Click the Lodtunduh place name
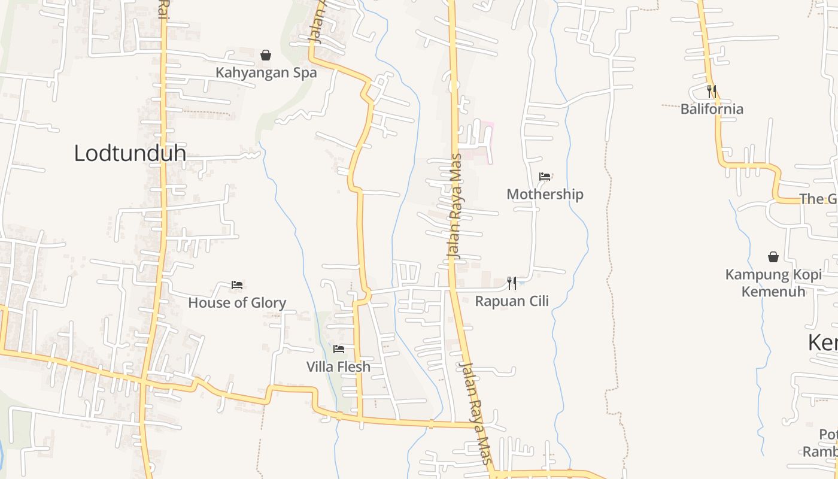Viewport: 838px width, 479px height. [x=129, y=153]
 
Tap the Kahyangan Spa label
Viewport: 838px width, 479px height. [x=266, y=73]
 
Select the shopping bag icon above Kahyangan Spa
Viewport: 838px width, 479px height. [x=266, y=55]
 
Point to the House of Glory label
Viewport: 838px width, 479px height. [x=237, y=303]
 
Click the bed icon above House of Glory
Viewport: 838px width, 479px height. [x=237, y=285]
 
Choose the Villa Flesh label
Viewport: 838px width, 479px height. [x=338, y=366]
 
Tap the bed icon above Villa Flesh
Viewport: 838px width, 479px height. [x=339, y=348]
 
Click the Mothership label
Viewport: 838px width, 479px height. [x=545, y=194]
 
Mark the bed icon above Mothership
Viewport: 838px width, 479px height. [x=545, y=176]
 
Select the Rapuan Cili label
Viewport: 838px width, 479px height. [x=512, y=301]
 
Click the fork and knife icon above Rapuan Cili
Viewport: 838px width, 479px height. [x=512, y=283]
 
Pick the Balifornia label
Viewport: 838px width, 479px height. [x=712, y=109]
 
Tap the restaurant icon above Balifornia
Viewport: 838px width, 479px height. [x=712, y=91]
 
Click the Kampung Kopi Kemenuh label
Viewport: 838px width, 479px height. [x=773, y=283]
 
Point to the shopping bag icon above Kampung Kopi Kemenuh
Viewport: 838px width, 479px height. [x=773, y=257]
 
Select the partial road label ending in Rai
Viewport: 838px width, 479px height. [x=162, y=9]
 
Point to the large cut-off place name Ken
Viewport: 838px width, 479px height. [x=822, y=343]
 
